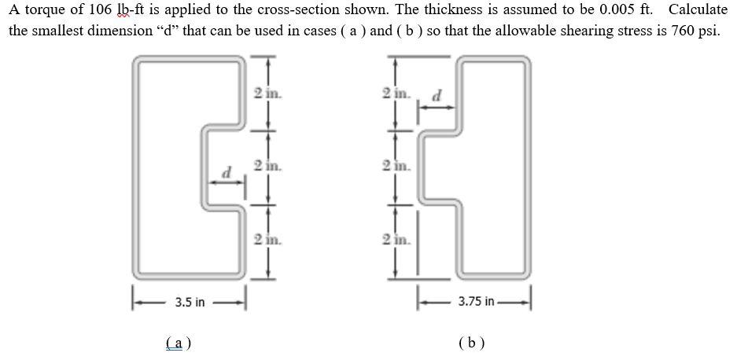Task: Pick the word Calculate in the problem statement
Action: [x=698, y=11]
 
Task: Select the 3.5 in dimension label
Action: [x=190, y=302]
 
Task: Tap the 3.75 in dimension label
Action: [x=477, y=302]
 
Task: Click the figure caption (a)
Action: [x=180, y=343]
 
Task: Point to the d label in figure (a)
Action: [x=228, y=171]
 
